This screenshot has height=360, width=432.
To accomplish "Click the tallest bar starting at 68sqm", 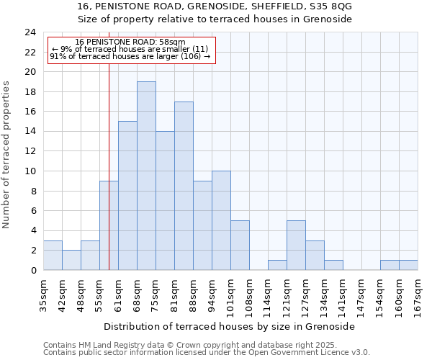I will (146, 176).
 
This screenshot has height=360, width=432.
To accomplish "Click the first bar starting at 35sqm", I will (53, 256).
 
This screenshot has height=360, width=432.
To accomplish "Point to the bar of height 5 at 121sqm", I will (296, 246).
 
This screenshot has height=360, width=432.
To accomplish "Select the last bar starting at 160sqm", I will (408, 265).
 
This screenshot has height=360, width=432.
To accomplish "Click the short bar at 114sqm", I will (277, 265).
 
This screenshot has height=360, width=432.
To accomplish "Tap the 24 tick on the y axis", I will (30, 32).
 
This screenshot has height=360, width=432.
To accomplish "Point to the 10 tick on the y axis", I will (30, 171).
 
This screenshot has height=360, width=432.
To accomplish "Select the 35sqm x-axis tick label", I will (43, 292).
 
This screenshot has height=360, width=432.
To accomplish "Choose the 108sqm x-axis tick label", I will (249, 294).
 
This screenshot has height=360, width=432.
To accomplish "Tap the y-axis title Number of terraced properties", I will (6, 154).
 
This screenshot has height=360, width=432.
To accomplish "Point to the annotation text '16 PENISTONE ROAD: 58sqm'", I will (130, 42).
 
